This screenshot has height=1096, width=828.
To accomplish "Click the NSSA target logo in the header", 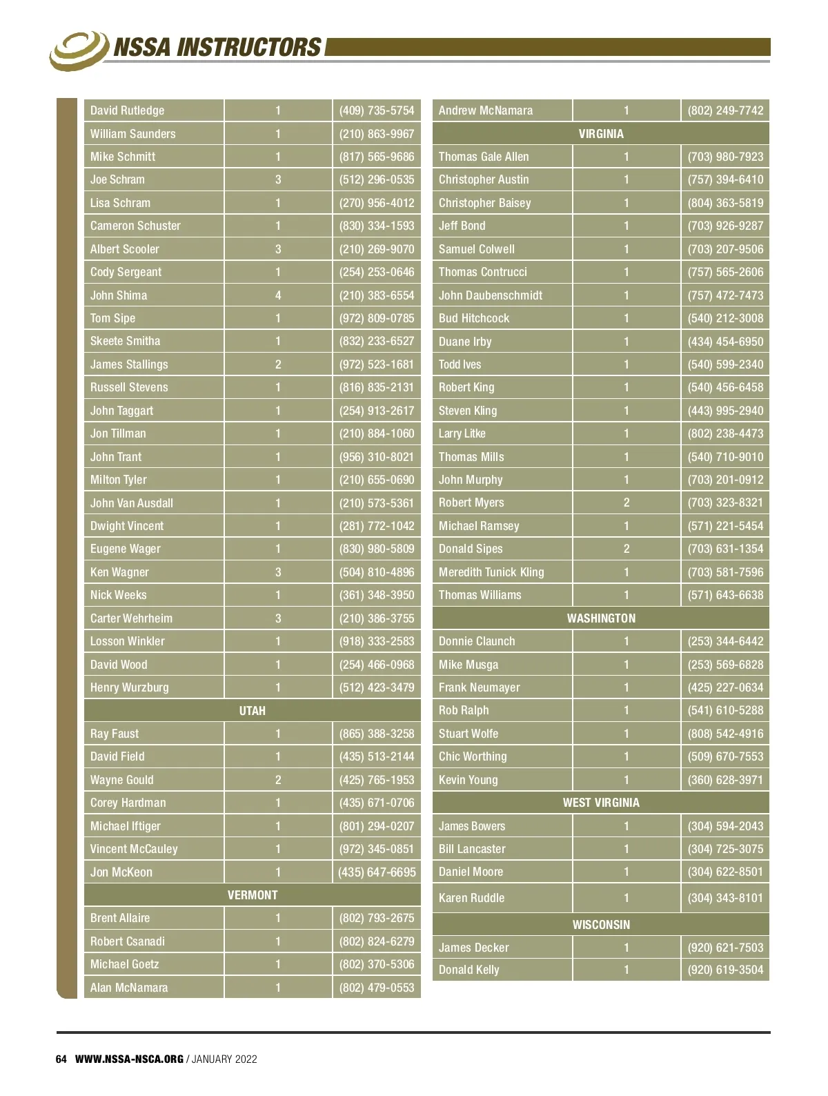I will tap(78, 49).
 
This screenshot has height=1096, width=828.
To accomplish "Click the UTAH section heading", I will tap(252, 710).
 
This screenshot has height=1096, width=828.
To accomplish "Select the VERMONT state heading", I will tap(252, 895).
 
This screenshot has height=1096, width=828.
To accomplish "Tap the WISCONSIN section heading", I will tap(601, 924).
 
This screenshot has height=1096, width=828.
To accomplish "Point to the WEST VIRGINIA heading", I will tap(601, 803).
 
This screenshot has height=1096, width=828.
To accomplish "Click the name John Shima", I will tap(119, 295).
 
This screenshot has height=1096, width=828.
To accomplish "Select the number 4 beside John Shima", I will tap(278, 295).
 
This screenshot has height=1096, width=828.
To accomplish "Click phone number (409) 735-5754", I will tap(377, 110).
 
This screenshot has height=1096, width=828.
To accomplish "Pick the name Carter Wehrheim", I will tap(131, 618).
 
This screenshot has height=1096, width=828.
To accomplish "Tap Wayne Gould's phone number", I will tap(377, 780).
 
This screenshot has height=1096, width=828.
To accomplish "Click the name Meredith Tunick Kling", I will tap(491, 572).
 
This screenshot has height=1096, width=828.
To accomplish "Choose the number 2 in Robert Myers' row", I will tap(627, 502).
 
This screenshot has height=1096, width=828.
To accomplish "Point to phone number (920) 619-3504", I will tap(725, 970).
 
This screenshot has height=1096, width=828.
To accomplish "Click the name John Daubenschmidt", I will tap(491, 295).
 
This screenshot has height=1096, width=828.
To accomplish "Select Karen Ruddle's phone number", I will tap(725, 898).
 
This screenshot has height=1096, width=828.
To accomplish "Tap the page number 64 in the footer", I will tap(61, 1059).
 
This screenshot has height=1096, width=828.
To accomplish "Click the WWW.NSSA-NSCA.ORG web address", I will tap(129, 1059).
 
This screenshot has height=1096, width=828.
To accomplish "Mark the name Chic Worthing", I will tap(473, 756).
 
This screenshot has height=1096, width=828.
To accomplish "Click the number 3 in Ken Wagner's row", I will tap(278, 572).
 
